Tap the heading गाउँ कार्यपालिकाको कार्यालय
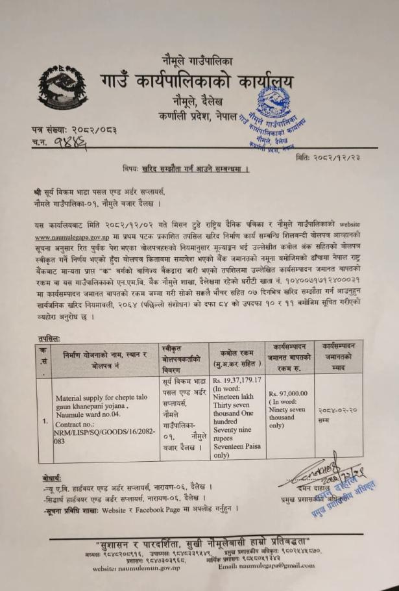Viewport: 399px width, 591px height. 197,84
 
